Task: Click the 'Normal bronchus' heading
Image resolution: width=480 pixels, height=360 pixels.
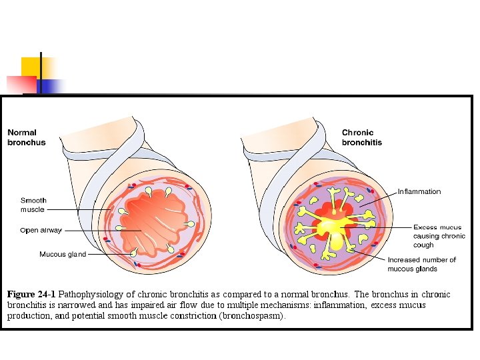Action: point(27,137)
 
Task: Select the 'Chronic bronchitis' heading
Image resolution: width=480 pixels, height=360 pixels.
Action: point(362,137)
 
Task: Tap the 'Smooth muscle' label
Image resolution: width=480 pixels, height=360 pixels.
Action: point(33,205)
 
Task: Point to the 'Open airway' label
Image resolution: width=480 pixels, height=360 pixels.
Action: point(41,231)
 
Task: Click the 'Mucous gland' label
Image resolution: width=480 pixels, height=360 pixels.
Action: point(63,254)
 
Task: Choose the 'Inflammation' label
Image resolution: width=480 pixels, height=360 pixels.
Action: point(419,192)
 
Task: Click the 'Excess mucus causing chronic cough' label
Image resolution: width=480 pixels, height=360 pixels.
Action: point(439,236)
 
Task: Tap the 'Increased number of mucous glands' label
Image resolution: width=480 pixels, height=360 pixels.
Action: point(421,264)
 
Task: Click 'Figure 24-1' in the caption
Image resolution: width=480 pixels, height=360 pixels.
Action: point(31,294)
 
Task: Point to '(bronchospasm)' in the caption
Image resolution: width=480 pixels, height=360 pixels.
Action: point(251,316)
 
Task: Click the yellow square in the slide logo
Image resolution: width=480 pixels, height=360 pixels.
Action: point(31,67)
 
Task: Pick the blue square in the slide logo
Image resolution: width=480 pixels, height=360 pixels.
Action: point(50,85)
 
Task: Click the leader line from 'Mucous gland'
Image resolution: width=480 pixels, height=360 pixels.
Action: point(110,254)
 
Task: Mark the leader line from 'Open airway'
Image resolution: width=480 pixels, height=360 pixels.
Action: point(100,231)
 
